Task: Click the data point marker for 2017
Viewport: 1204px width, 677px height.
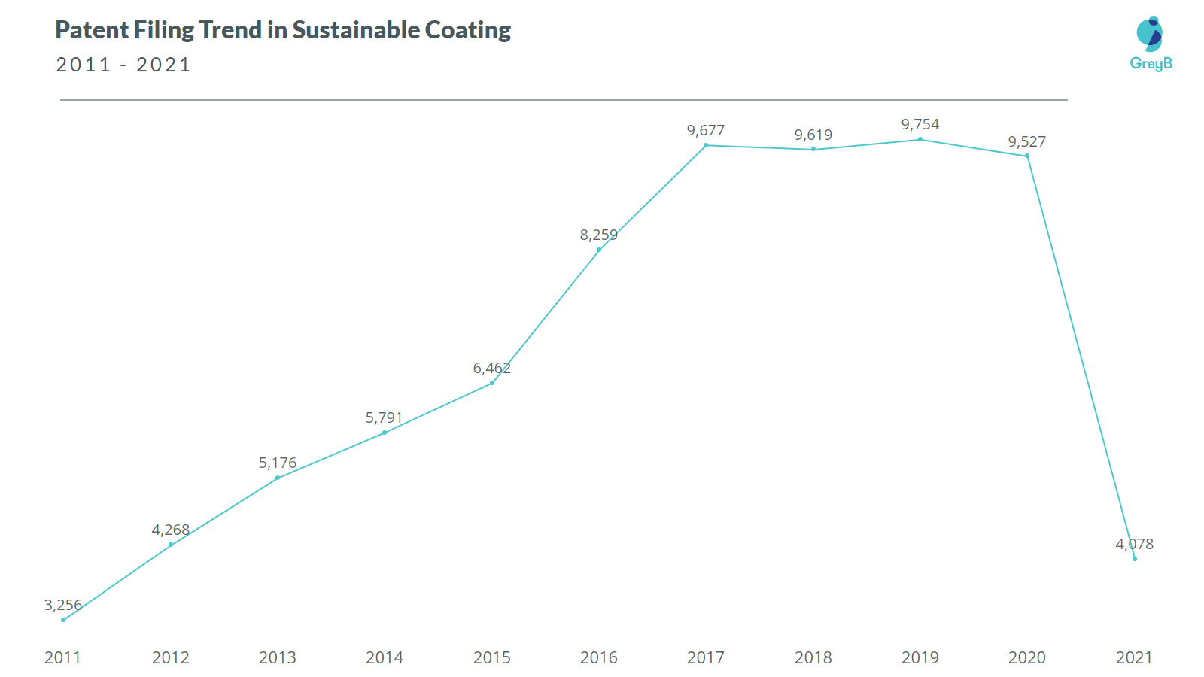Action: click(x=706, y=145)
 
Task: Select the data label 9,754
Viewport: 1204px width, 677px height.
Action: click(x=920, y=125)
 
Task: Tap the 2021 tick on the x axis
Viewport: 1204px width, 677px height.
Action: click(x=1134, y=657)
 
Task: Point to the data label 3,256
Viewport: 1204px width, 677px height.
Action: click(x=63, y=605)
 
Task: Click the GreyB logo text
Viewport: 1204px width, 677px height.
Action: click(x=1151, y=64)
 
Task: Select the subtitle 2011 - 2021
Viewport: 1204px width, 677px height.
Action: click(x=123, y=65)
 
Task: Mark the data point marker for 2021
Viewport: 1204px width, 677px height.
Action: click(x=1135, y=559)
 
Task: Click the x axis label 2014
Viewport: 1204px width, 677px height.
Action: click(x=385, y=657)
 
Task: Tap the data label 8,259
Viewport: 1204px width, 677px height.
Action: click(x=598, y=235)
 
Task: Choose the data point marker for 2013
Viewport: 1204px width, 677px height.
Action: click(x=278, y=478)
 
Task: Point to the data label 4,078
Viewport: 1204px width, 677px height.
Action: click(x=1134, y=544)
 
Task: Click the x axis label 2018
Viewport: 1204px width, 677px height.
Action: click(x=813, y=657)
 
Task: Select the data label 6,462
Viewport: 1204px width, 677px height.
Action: click(x=491, y=369)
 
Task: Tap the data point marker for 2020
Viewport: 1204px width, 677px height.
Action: click(x=1027, y=156)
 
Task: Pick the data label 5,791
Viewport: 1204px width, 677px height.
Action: click(x=384, y=418)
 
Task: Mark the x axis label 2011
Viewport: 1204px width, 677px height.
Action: click(x=62, y=657)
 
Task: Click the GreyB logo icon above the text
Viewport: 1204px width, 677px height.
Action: click(x=1150, y=34)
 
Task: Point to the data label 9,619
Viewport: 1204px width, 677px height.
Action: click(x=813, y=135)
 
